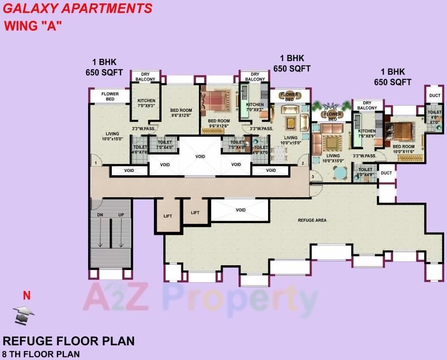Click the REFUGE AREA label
[x=312, y=220]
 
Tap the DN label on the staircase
[x=100, y=215]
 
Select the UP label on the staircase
[x=121, y=215]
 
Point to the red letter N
[x=27, y=296]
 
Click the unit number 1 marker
[x=95, y=163]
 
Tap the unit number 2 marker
[x=302, y=163]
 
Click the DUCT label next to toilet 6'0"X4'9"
[x=386, y=173]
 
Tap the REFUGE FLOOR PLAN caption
[x=69, y=341]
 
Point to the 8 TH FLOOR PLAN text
[x=41, y=354]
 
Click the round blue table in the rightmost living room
[x=339, y=174]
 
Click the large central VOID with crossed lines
[x=200, y=156]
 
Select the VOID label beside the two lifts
[x=241, y=210]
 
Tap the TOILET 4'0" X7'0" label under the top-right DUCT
[x=434, y=117]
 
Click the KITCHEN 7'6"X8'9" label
[x=367, y=134]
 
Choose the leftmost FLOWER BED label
[x=110, y=97]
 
